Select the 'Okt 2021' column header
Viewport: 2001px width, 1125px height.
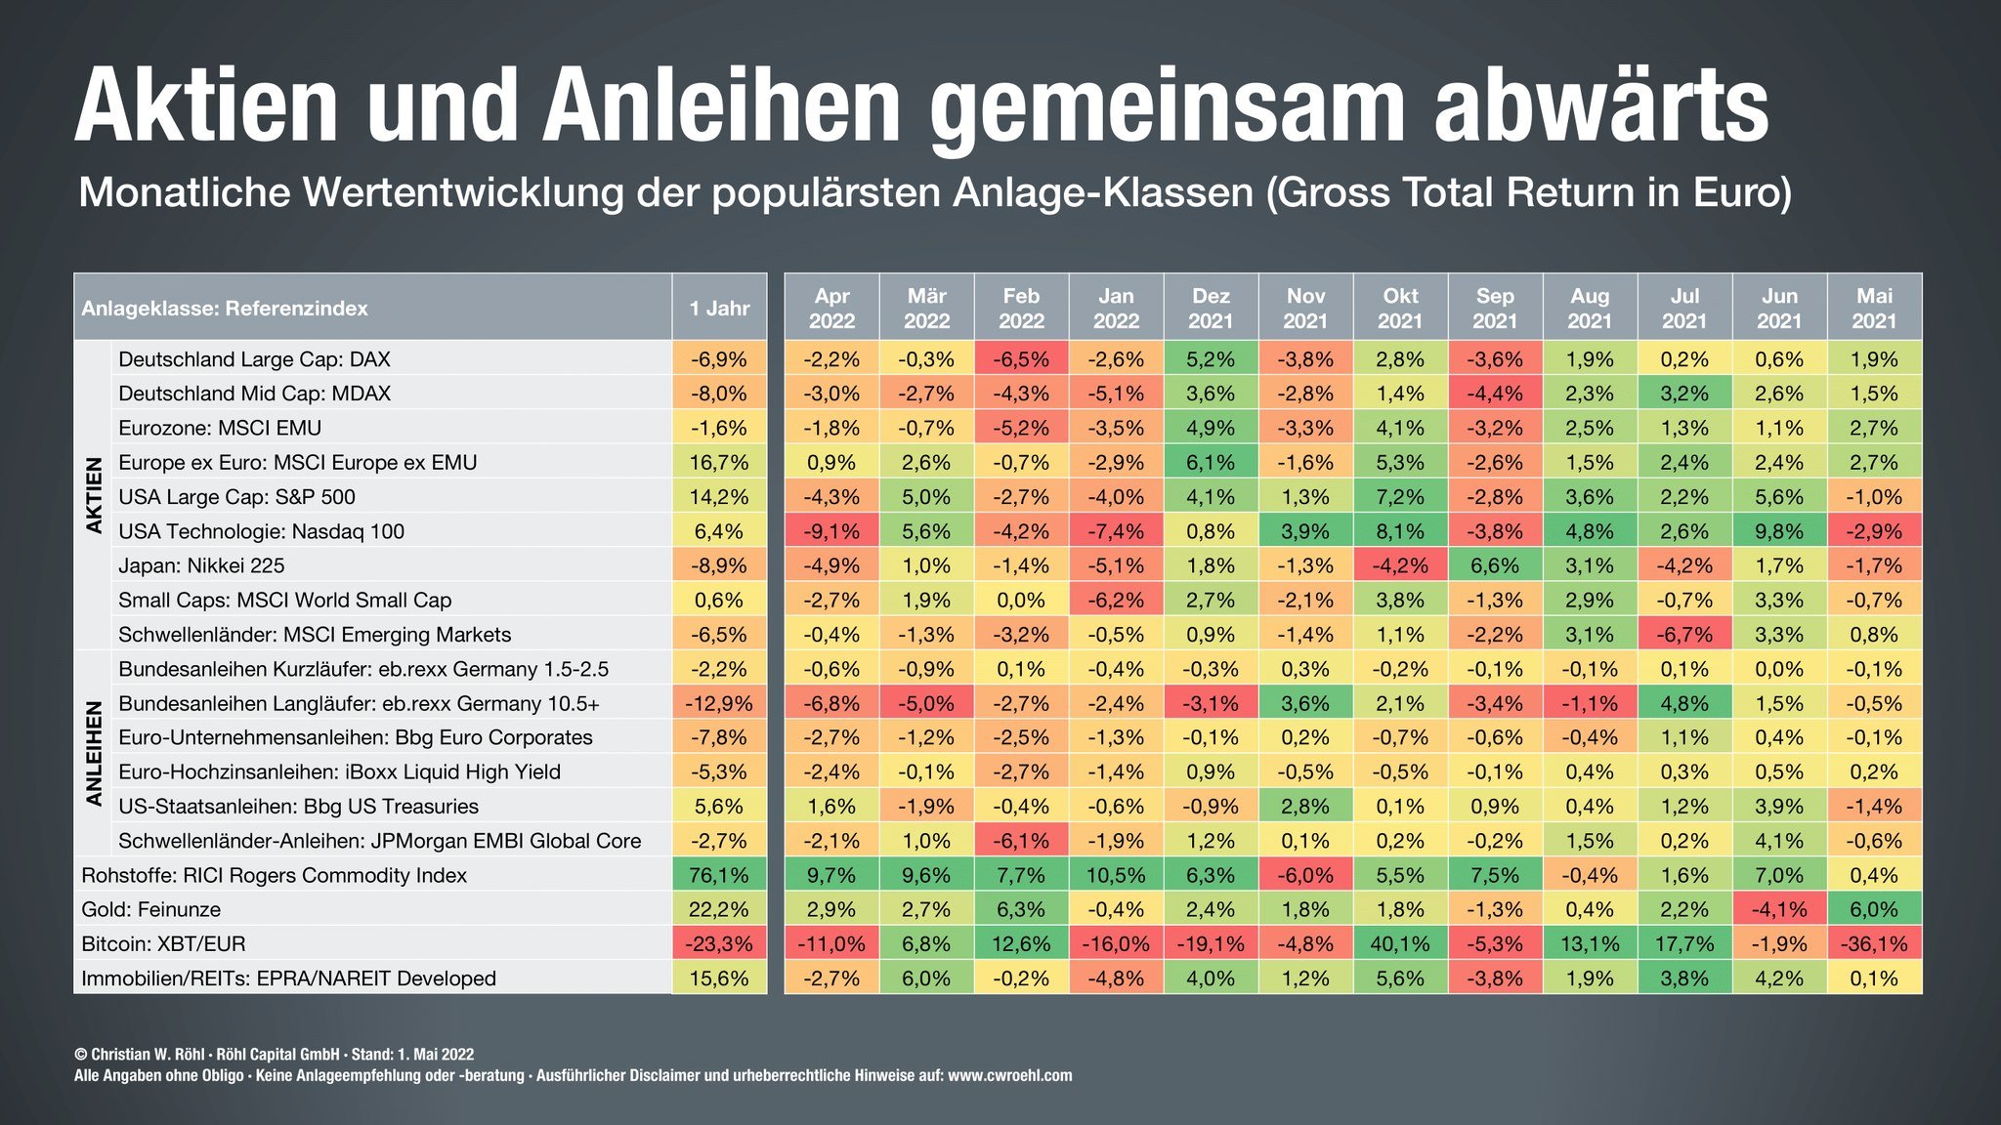(x=1400, y=308)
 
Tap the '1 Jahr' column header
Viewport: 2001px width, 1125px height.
(x=719, y=308)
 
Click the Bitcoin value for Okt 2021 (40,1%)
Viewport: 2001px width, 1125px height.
(x=1400, y=943)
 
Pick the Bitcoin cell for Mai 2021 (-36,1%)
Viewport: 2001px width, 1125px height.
(x=1874, y=943)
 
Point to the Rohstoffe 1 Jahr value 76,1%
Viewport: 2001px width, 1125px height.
(x=719, y=875)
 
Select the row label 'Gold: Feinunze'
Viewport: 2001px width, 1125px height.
(x=151, y=909)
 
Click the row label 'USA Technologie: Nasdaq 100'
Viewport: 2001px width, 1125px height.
(x=261, y=531)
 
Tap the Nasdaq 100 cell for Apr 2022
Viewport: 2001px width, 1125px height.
(x=831, y=531)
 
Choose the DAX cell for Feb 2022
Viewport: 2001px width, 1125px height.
(x=1021, y=359)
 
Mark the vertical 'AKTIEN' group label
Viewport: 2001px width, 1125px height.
(x=94, y=495)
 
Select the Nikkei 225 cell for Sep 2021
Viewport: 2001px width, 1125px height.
(x=1495, y=565)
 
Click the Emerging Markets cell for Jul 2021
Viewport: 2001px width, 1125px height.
(x=1684, y=634)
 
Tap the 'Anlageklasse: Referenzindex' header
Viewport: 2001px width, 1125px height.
(x=225, y=308)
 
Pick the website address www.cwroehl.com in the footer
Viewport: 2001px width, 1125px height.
(x=1009, y=1075)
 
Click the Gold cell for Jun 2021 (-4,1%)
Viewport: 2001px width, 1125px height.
(x=1779, y=909)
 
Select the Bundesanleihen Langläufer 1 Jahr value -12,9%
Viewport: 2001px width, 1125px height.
(x=719, y=703)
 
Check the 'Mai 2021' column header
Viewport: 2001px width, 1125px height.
(x=1874, y=308)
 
